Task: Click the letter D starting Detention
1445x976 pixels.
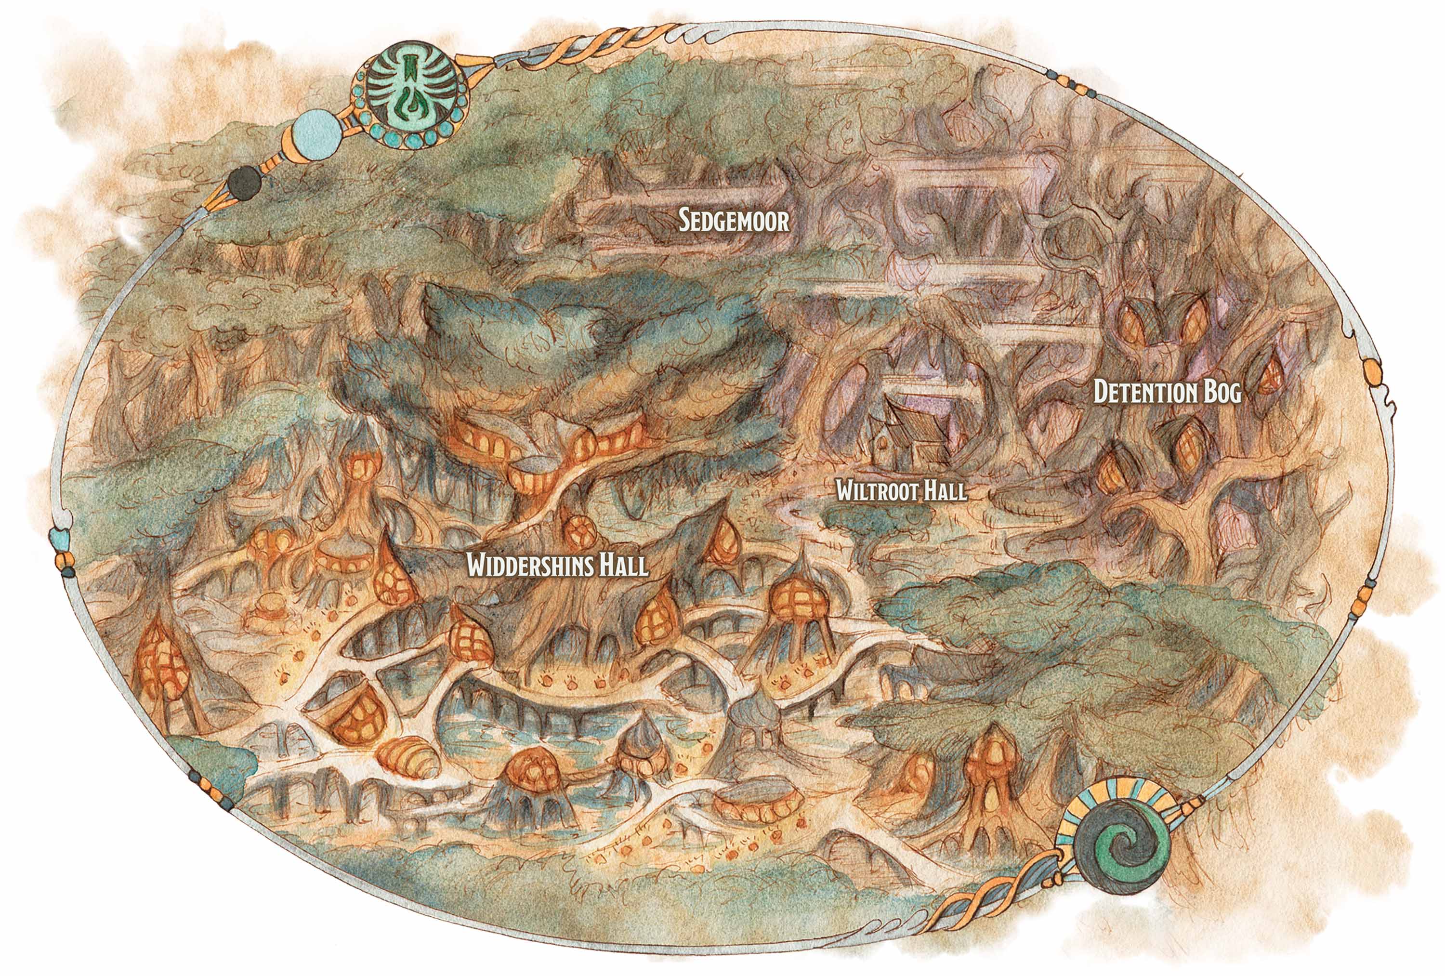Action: [x=1101, y=393]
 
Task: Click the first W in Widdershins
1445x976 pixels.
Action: [x=477, y=566]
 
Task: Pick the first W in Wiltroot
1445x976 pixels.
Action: [x=845, y=491]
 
